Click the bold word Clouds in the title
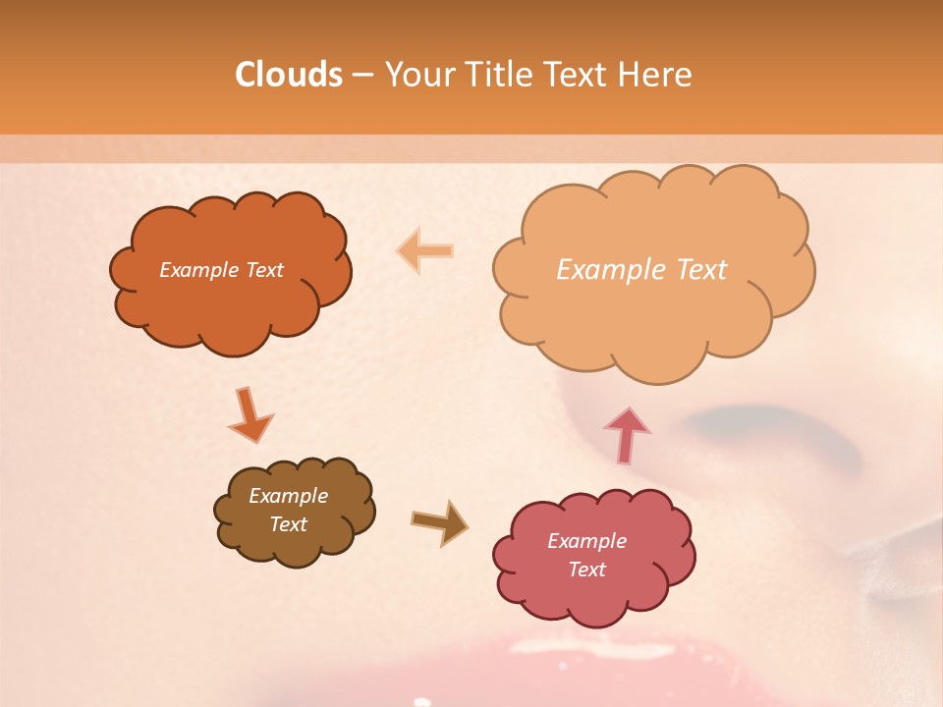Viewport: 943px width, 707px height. pos(289,75)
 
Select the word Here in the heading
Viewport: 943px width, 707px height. pos(658,75)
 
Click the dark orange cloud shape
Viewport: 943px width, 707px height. pos(230,295)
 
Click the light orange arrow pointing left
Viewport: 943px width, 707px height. pos(425,251)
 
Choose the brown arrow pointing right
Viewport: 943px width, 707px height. pos(440,522)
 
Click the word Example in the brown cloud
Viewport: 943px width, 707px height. pos(288,496)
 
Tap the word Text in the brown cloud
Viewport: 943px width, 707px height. pos(288,524)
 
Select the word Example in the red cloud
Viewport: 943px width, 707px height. pos(586,541)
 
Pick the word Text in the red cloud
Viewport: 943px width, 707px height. pos(586,570)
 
